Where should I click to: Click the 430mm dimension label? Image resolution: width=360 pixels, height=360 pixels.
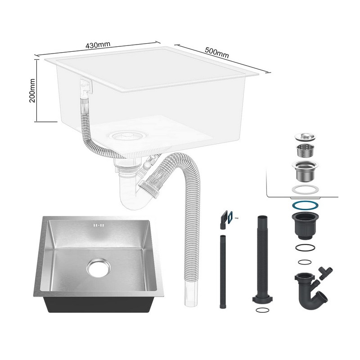98,45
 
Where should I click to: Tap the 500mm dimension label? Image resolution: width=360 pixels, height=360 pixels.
217,53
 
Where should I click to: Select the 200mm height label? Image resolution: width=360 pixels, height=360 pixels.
32,90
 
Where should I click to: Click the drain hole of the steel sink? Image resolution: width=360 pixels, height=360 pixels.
99,268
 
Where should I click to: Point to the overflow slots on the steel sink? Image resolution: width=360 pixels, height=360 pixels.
99,225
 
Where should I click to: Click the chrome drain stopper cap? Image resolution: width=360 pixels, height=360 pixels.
305,137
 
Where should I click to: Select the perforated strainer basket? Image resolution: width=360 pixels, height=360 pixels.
305,151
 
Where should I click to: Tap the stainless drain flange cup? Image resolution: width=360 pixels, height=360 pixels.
305,171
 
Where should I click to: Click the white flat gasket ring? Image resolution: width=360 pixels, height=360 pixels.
305,189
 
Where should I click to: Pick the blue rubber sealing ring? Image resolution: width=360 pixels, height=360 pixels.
305,205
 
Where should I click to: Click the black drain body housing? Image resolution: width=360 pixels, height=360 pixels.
305,226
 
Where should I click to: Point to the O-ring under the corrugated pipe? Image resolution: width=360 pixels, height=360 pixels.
262,310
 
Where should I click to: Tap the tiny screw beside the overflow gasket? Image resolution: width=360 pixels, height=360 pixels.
237,217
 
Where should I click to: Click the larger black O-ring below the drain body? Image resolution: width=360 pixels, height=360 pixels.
305,248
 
